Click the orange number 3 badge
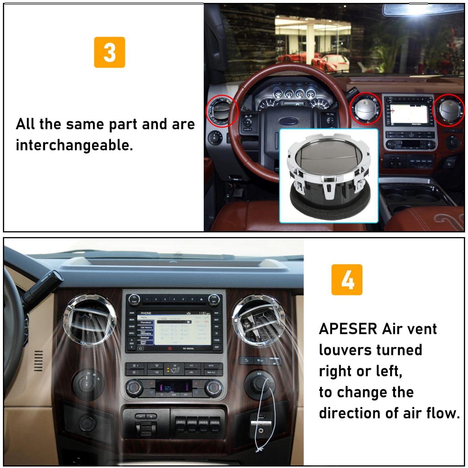click(x=109, y=52)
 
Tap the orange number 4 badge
click(x=347, y=280)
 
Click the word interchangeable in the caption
click(x=74, y=145)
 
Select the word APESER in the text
click(x=348, y=329)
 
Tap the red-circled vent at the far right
click(x=449, y=110)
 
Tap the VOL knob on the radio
click(x=134, y=300)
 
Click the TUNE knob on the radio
click(x=214, y=299)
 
